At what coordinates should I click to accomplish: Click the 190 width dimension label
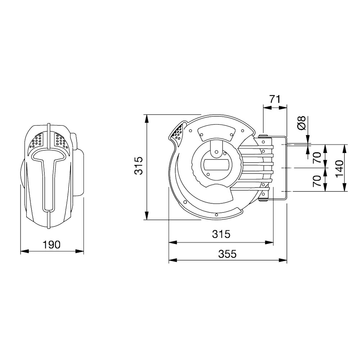(x=51, y=245)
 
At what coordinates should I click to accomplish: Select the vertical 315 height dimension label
(x=139, y=166)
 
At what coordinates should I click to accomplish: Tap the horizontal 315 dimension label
(x=221, y=234)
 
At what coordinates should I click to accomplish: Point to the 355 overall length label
(x=227, y=254)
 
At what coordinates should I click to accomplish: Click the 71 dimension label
(x=275, y=99)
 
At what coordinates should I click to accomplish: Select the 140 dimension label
(x=339, y=169)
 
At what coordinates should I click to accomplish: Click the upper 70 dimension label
(x=317, y=158)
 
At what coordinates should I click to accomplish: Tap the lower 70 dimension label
(x=317, y=181)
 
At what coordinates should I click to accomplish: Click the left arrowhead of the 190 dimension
(x=24, y=251)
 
